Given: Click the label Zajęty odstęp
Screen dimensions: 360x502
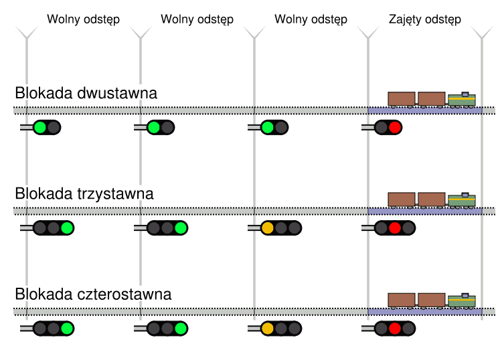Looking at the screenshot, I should point(424,19).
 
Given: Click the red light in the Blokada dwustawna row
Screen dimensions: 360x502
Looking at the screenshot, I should point(394,127).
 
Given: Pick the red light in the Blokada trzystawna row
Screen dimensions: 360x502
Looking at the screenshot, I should point(394,228).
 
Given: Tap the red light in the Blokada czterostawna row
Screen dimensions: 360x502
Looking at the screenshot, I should point(394,329).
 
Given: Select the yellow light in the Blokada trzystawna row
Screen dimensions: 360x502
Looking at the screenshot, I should point(267,228).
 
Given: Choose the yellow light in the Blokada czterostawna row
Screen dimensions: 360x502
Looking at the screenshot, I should point(267,329).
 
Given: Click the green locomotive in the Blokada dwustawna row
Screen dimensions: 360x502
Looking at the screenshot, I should point(461,100).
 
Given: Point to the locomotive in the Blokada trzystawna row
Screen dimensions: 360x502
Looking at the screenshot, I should point(461,200).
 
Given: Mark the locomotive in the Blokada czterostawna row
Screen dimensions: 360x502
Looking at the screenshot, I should point(461,300).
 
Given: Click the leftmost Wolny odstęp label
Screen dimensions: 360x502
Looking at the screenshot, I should point(83,19).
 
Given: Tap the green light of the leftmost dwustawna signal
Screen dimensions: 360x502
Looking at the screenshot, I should point(40,127).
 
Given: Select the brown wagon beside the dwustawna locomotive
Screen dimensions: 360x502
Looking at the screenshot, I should point(431,99).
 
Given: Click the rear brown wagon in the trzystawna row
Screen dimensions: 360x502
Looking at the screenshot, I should point(402,199).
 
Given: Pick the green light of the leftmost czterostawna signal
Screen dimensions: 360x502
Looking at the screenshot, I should point(66,329).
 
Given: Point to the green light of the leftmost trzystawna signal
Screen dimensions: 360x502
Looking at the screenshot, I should point(66,228).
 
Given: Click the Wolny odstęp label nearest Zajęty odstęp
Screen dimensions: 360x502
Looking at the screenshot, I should point(311,19).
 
